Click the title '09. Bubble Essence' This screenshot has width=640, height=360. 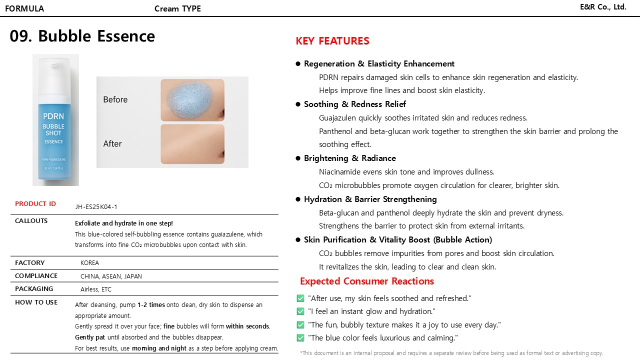coord(82,36)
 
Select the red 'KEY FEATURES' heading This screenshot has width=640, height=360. coord(332,41)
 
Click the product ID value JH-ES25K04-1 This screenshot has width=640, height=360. coord(96,206)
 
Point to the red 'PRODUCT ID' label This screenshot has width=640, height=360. coord(35,204)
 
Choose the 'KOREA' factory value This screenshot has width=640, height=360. coord(90,263)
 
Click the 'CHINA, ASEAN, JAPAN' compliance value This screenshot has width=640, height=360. coord(111,276)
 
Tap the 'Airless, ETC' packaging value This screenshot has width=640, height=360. coord(96,289)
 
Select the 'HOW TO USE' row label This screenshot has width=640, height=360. coord(36,302)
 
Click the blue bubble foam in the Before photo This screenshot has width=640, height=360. coord(192,99)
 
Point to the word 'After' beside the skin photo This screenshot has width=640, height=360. coord(112,144)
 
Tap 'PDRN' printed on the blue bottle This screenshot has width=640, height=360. coord(53,116)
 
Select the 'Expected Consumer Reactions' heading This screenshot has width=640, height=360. coord(367,281)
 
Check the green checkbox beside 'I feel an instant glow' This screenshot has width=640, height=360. coord(300,311)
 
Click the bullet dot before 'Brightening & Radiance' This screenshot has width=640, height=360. coord(298,158)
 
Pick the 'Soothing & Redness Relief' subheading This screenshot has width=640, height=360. coord(355,104)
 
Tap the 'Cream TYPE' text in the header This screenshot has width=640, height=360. coord(177,8)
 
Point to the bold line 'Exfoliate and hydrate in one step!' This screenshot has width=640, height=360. coord(124,223)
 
